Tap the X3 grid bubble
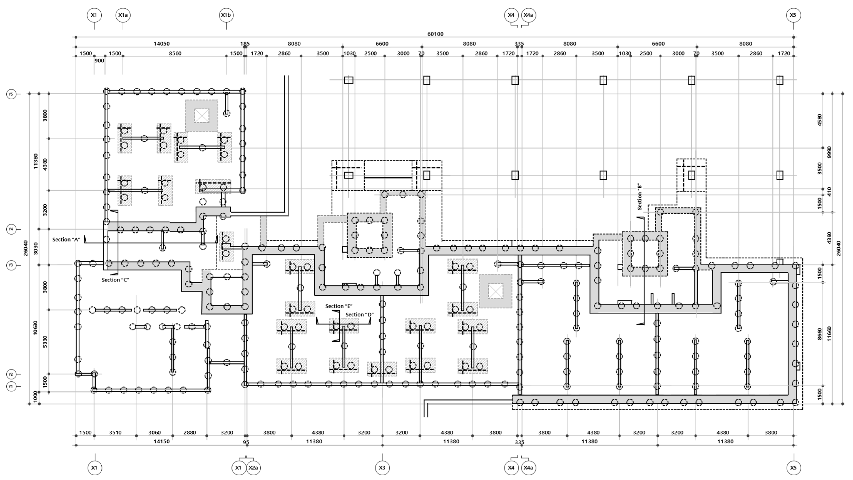382,468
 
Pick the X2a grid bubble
253,468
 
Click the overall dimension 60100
435,34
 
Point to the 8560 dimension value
175,53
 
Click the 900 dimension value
99,61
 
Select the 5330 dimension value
45,342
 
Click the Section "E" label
339,306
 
